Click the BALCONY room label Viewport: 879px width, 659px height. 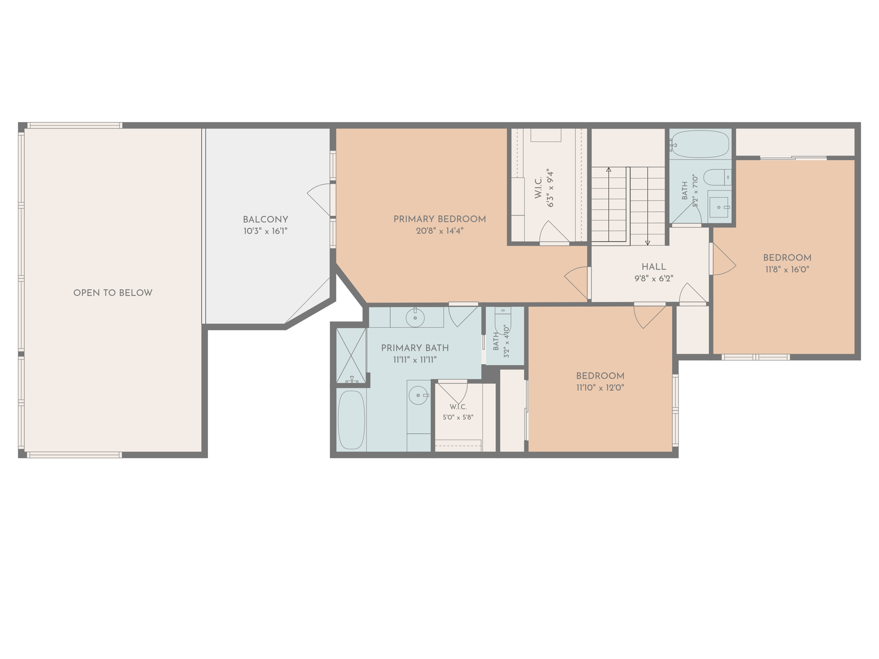click(265, 220)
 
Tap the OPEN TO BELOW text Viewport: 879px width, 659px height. click(113, 293)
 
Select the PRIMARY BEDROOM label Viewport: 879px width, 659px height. click(439, 219)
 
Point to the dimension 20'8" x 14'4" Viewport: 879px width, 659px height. click(439, 231)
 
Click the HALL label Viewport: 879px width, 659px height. click(654, 267)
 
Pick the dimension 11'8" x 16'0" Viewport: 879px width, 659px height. click(787, 269)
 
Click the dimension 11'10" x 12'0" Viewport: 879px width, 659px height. click(600, 388)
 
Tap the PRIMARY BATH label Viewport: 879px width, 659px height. click(415, 348)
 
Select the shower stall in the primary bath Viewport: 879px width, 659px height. click(351, 356)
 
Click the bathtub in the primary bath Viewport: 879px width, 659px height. click(351, 420)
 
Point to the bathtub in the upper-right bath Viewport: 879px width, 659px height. click(700, 144)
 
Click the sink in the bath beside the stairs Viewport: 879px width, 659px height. click(719, 208)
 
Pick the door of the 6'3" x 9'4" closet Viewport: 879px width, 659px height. click(554, 232)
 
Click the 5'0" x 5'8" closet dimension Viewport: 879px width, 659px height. click(458, 417)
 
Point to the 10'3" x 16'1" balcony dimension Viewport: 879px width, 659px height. click(265, 231)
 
